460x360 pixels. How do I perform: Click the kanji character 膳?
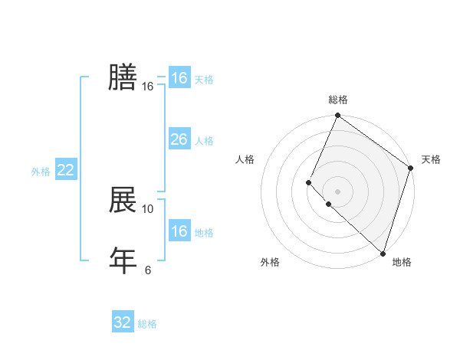[123, 77]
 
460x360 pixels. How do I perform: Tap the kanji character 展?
[123, 200]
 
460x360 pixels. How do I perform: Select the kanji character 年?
[123, 260]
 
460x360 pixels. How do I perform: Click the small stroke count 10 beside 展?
[148, 208]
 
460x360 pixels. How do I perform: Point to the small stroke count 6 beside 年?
[148, 269]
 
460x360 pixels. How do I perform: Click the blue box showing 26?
[179, 139]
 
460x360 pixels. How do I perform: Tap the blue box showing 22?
[65, 170]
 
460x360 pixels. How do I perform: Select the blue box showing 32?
[123, 322]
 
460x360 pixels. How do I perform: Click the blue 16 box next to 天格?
[179, 78]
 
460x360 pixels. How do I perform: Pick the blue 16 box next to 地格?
[179, 231]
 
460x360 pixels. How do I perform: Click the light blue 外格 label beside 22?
[41, 172]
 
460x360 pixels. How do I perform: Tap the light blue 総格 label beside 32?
[147, 324]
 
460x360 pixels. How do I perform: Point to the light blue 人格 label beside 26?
[204, 141]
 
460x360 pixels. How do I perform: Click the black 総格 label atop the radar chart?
[338, 100]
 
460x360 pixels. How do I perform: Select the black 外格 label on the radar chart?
[269, 262]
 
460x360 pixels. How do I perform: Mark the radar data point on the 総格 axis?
[337, 116]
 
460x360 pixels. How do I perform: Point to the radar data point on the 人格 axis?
[308, 182]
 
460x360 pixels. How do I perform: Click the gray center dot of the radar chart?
[337, 191]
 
